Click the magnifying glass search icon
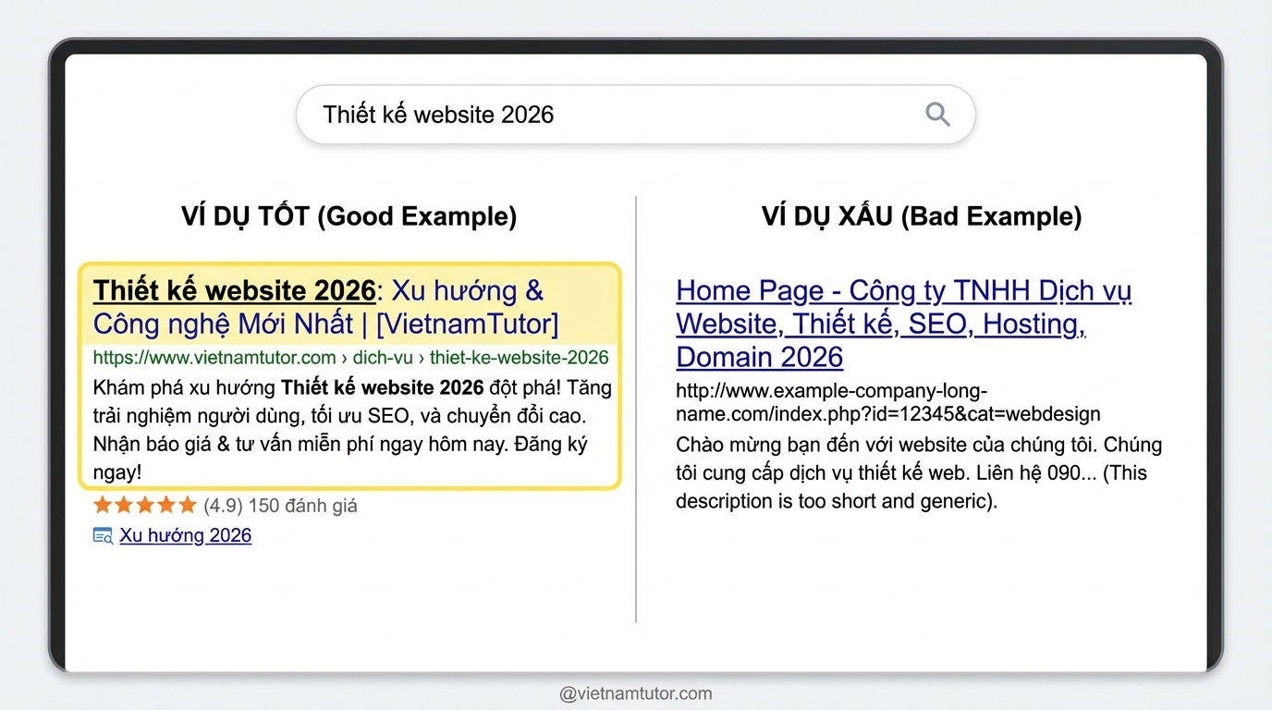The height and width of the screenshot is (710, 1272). click(937, 114)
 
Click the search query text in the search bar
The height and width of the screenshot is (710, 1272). click(438, 115)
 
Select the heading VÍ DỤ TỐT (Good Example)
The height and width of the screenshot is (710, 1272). click(349, 216)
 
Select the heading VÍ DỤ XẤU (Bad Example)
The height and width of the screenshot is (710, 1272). click(922, 216)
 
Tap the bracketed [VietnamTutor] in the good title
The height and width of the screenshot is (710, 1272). click(468, 324)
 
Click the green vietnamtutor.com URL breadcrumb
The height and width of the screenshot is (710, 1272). click(350, 357)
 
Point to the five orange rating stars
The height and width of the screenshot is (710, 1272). click(145, 505)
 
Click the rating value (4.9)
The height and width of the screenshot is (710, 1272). click(223, 506)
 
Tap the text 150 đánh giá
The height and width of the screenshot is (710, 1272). click(303, 506)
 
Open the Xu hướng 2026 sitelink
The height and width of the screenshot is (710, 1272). click(185, 535)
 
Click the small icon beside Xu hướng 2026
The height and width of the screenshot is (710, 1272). click(103, 535)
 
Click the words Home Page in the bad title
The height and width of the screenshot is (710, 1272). click(750, 291)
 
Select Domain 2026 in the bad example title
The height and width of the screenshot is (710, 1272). click(759, 357)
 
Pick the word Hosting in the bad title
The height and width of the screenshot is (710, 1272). click(1033, 324)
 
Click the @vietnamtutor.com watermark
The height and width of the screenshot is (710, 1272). click(635, 693)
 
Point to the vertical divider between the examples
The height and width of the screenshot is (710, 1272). click(636, 409)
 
